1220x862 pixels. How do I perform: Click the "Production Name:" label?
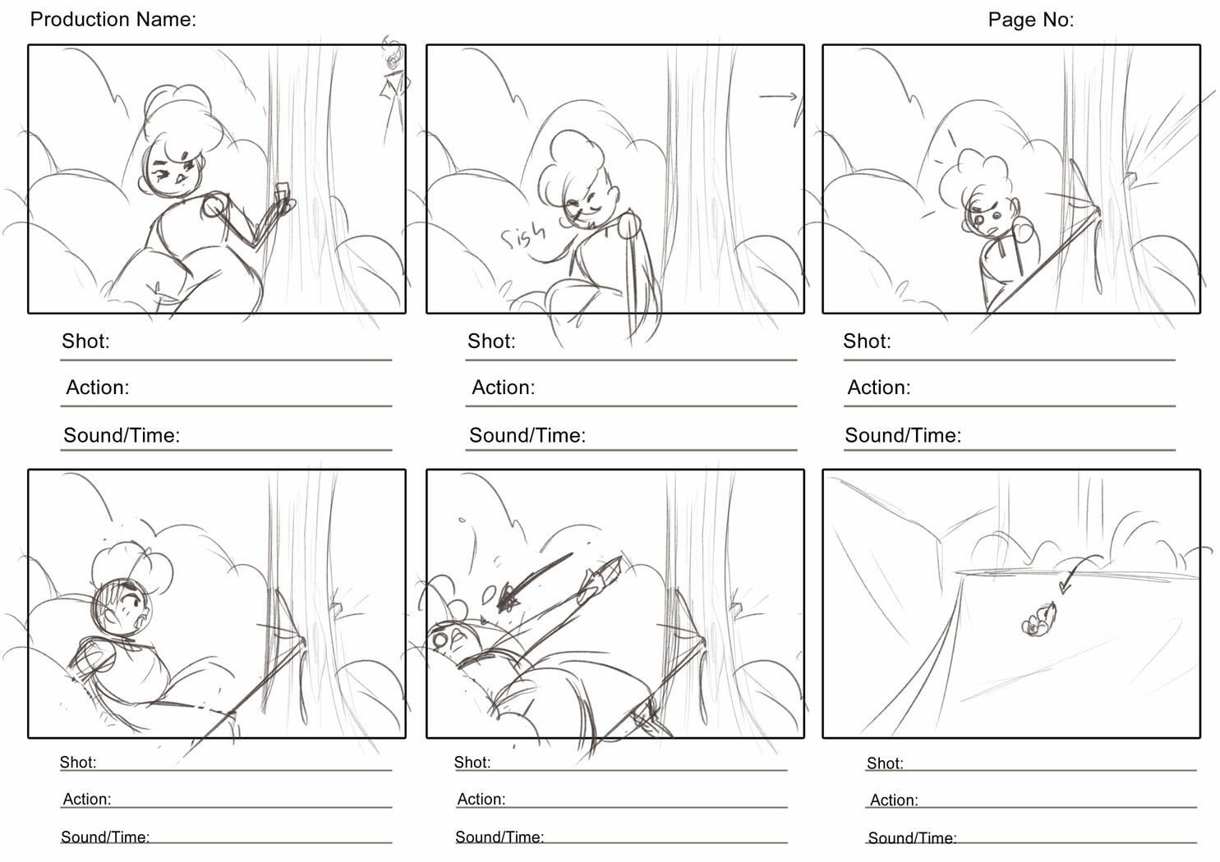113,20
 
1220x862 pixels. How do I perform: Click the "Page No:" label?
1030,20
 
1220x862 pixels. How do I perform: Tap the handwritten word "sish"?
523,237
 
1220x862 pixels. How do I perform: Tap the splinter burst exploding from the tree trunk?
1158,140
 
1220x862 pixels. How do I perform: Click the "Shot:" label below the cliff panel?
885,763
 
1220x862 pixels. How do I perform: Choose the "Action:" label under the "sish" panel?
503,387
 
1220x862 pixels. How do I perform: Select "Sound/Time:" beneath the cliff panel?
912,838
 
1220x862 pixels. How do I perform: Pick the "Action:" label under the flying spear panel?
481,799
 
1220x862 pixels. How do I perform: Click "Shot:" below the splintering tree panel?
867,341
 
